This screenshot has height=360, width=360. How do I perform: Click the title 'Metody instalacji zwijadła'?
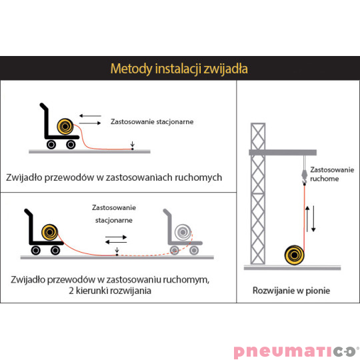coord(179,69)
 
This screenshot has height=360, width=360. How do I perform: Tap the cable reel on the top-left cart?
coord(65,126)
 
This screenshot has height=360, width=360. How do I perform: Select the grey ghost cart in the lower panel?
coord(181,233)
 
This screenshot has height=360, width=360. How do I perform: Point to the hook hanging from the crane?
coord(304,175)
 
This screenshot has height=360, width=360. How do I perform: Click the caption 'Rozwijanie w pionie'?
coord(292,291)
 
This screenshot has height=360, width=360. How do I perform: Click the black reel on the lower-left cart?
coord(49,233)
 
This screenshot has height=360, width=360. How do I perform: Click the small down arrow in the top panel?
coord(132,145)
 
